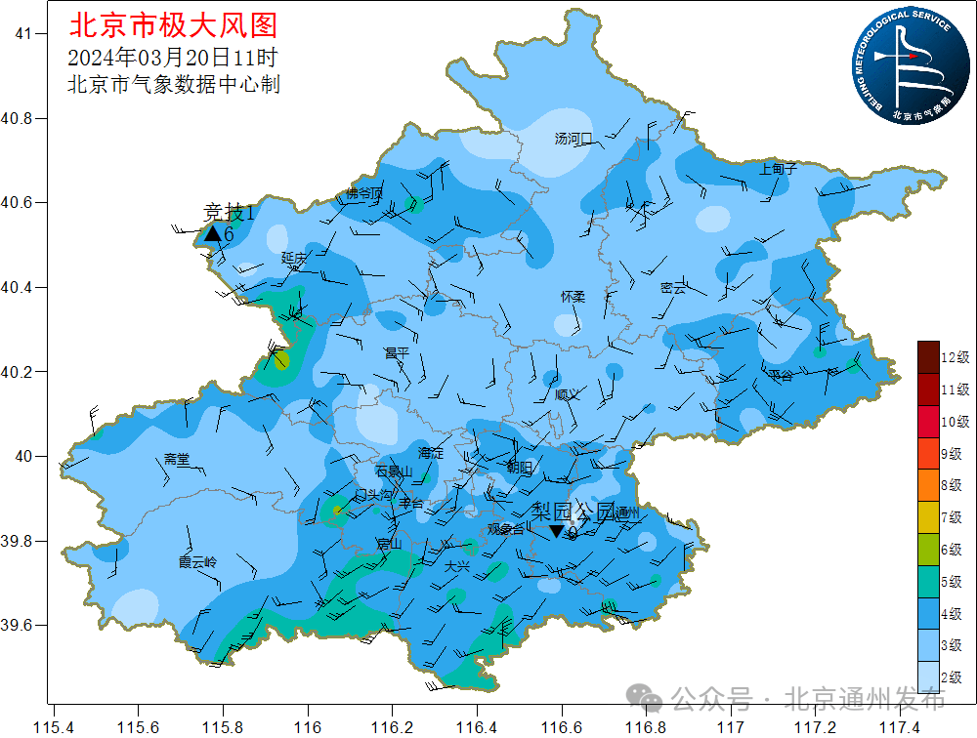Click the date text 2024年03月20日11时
tap(173, 57)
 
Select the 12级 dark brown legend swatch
tap(928, 356)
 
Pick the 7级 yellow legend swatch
tap(928, 516)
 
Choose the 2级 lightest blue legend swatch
tap(928, 676)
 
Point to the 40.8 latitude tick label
tap(17, 118)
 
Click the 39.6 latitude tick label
tap(17, 625)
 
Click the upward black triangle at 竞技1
tap(212, 233)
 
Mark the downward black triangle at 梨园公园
tap(557, 531)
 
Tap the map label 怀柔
tap(573, 296)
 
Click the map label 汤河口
tap(573, 139)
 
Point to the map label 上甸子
tap(779, 169)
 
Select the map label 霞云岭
tap(197, 562)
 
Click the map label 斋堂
tap(178, 459)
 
